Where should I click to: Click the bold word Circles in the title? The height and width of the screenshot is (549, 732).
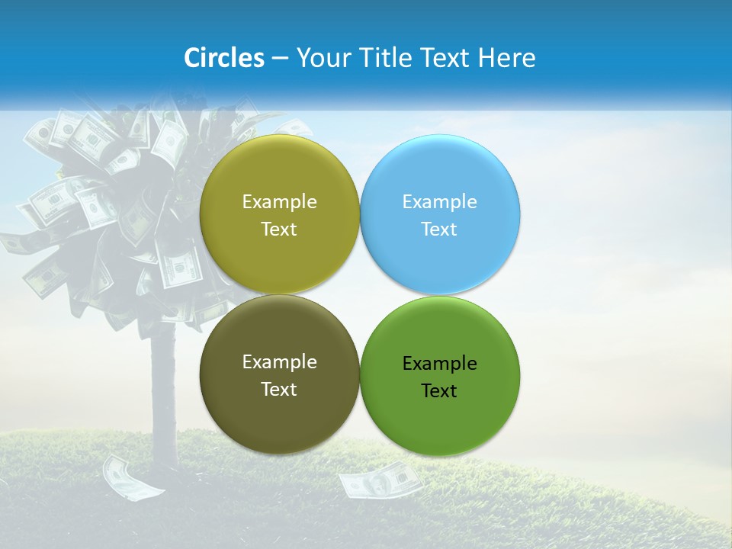(224, 58)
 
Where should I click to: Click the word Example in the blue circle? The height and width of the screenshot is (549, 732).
(440, 202)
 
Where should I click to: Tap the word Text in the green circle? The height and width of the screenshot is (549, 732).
(439, 391)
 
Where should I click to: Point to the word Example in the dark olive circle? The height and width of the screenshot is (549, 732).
(279, 362)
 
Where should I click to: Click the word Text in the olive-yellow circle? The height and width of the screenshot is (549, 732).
(279, 230)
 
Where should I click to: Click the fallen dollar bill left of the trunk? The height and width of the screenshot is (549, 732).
(133, 477)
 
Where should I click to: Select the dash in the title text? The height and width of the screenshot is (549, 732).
(280, 59)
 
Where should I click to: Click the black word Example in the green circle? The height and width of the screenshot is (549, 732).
(440, 364)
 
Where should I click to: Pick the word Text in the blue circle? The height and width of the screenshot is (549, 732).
(439, 230)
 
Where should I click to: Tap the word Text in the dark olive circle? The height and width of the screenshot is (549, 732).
(279, 390)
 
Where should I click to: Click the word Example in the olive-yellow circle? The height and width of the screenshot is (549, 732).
(279, 202)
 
